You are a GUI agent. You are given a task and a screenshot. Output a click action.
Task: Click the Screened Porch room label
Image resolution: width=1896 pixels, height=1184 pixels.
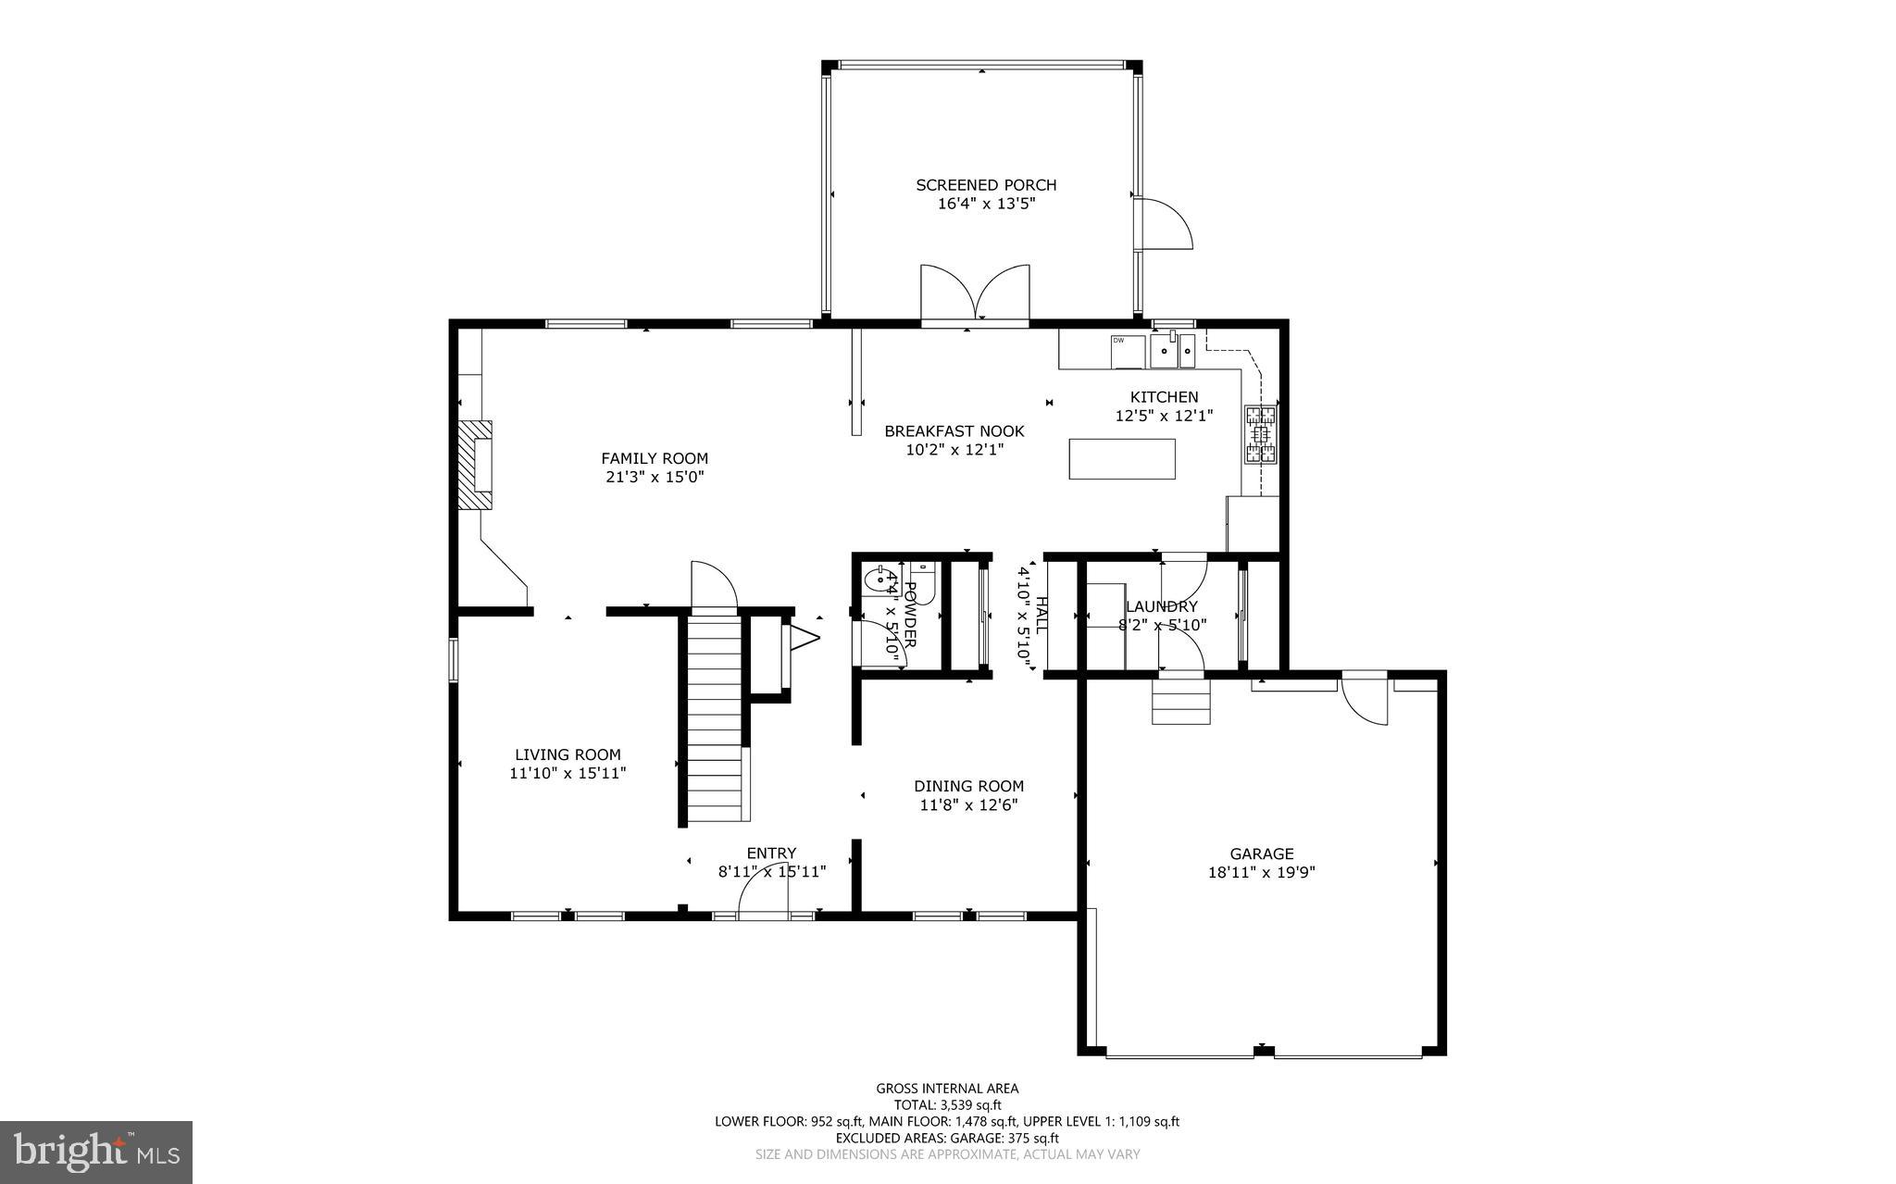click(x=986, y=185)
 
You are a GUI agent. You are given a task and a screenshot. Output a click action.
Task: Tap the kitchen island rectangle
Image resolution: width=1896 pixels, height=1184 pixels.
click(x=1122, y=458)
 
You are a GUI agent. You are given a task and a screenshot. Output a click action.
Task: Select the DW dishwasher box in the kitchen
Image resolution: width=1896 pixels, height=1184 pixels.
click(x=1128, y=352)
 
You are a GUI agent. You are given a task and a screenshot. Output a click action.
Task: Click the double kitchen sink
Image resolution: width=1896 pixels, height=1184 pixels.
click(x=1172, y=351)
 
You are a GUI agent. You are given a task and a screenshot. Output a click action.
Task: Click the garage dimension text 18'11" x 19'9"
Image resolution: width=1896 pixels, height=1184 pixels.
click(x=1261, y=872)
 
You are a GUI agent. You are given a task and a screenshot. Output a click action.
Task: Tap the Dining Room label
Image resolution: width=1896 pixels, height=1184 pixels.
click(x=968, y=786)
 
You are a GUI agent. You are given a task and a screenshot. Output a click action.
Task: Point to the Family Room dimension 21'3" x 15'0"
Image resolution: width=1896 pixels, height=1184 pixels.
click(x=654, y=477)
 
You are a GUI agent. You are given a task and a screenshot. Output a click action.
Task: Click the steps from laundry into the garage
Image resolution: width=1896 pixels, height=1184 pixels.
click(x=1181, y=702)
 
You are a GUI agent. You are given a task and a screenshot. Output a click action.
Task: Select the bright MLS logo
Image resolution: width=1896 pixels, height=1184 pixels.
click(x=96, y=1152)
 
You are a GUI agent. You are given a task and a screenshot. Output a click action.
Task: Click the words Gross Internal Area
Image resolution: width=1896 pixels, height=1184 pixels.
click(x=947, y=1089)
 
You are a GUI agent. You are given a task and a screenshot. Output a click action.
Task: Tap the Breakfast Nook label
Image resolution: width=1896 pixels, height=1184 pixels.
click(x=954, y=431)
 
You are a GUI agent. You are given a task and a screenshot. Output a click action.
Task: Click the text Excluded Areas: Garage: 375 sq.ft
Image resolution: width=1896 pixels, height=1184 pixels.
click(x=947, y=1138)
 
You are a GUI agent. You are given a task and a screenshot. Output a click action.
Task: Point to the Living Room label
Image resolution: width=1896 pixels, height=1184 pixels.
click(x=568, y=754)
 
